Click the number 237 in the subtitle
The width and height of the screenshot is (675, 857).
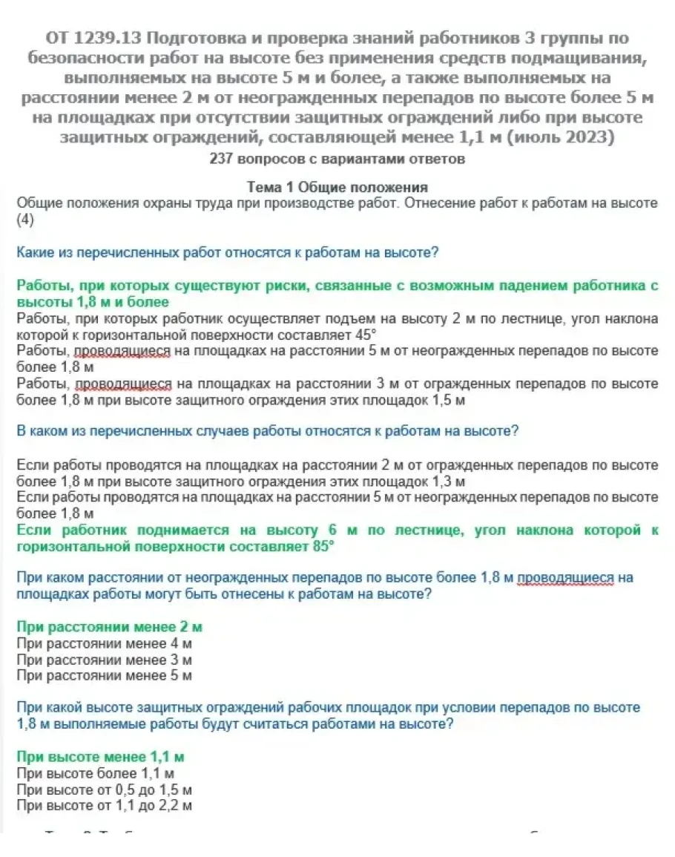tap(223, 158)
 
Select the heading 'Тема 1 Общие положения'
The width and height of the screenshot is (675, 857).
tap(337, 188)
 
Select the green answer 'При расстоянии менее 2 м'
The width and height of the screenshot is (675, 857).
tap(110, 627)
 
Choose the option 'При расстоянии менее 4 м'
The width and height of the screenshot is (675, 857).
tap(105, 643)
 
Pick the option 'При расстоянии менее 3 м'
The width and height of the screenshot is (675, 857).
tap(105, 660)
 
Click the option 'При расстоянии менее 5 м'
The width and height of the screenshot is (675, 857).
tap(105, 676)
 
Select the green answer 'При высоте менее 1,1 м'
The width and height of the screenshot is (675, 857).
tap(100, 757)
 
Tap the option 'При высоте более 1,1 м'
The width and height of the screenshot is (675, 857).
tap(96, 773)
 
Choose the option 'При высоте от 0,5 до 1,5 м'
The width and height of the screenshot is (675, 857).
tap(105, 789)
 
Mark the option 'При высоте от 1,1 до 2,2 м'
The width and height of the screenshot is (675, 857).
tap(105, 806)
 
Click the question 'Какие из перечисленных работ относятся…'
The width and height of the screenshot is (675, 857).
tap(228, 252)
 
